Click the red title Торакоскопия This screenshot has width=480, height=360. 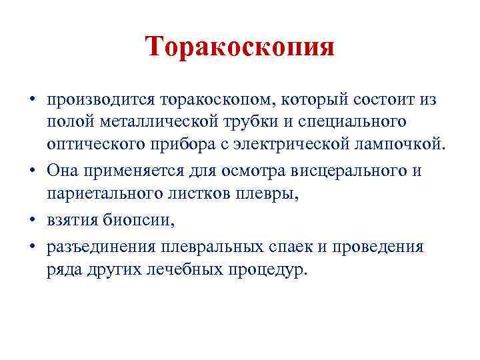240,47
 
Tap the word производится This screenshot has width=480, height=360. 100,101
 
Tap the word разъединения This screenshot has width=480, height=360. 100,247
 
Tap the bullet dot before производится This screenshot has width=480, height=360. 32,101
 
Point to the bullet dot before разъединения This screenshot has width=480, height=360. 32,247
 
